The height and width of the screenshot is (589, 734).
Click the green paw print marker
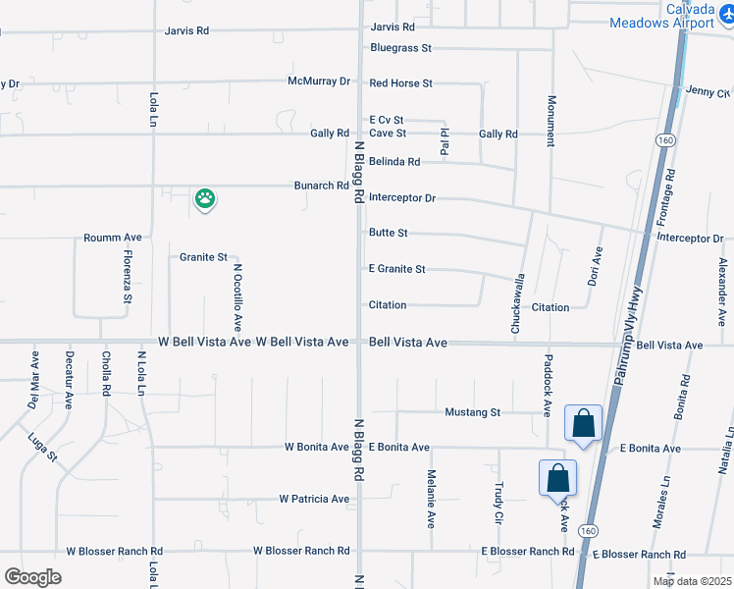coord(204,199)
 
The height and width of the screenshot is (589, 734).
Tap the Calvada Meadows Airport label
coord(663,16)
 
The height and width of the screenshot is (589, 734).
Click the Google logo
coord(32,577)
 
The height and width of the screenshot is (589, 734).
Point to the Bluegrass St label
coord(400,47)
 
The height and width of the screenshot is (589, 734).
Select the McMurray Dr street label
coord(319,81)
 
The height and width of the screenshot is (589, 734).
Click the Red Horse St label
coord(400,83)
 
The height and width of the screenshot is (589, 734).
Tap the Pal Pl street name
coord(445,141)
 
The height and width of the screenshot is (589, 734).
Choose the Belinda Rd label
coord(394,161)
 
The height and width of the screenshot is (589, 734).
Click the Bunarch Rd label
coord(321,186)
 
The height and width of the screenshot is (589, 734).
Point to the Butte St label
coord(388,233)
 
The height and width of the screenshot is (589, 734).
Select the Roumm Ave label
coord(113,238)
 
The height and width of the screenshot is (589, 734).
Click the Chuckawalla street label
coord(516,304)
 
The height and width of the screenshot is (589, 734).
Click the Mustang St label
coord(473,412)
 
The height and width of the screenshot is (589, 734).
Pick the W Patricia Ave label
coord(314,499)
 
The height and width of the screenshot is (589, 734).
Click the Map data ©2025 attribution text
coord(691,581)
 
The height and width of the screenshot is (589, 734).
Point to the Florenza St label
coord(128,277)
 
